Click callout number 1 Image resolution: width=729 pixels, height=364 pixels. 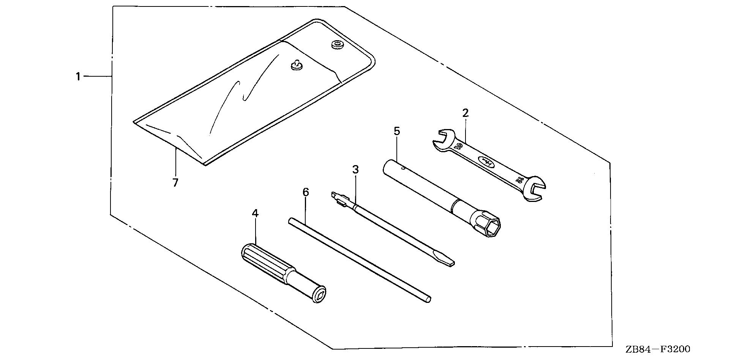pyautogui.click(x=78, y=77)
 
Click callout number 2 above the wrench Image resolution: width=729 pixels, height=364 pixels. pyautogui.click(x=465, y=113)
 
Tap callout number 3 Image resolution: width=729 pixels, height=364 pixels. pyautogui.click(x=355, y=169)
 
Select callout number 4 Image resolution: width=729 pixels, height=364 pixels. pyautogui.click(x=255, y=213)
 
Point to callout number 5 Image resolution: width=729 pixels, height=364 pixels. pyautogui.click(x=397, y=131)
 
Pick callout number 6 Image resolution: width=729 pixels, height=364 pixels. pyautogui.click(x=306, y=192)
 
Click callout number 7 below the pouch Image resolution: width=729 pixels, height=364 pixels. pyautogui.click(x=175, y=183)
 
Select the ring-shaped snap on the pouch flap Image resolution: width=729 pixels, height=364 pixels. pyautogui.click(x=336, y=45)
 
